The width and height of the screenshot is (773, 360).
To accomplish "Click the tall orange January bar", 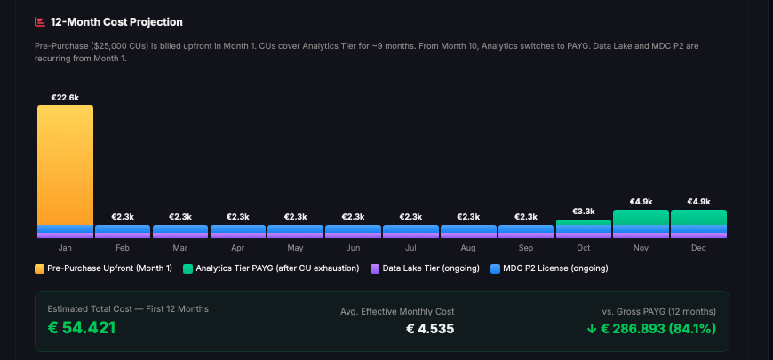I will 65,164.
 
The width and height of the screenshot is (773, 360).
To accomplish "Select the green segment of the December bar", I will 698,218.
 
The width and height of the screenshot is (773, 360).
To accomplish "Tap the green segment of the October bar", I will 583,223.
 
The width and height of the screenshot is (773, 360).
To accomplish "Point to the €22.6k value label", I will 65,98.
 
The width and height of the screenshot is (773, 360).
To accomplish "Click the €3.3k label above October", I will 583,212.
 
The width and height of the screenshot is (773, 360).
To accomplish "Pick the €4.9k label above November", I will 641,202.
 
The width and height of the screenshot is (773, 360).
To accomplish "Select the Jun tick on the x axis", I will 353,248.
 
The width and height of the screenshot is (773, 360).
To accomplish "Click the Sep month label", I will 525,248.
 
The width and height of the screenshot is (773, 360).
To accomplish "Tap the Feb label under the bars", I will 122,248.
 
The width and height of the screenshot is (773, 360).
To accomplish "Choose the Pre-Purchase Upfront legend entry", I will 104,268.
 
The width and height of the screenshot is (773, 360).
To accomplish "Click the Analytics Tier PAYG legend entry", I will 271,268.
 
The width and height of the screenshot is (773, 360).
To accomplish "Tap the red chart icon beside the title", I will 39,21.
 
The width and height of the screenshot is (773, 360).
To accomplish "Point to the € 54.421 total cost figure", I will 82,327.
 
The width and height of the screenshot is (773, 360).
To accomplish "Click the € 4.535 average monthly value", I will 430,328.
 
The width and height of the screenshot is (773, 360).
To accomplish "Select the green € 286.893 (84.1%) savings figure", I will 651,328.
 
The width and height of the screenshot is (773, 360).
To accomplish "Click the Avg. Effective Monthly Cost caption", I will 397,311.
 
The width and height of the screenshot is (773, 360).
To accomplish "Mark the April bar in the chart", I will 237,231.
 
